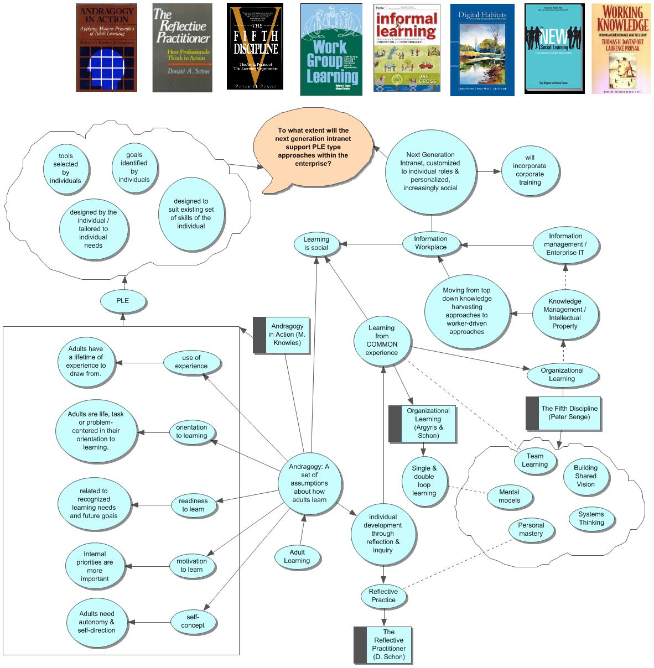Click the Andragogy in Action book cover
click(106, 48)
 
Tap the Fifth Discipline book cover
click(255, 46)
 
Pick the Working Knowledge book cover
click(620, 49)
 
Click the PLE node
click(123, 300)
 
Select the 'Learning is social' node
click(316, 243)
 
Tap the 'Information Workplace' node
click(430, 243)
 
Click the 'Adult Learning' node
click(297, 556)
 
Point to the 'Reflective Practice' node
click(383, 596)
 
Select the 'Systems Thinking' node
click(591, 518)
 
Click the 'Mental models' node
click(510, 496)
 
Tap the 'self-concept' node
click(193, 621)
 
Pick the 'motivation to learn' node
click(191, 565)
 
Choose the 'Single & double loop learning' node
click(424, 481)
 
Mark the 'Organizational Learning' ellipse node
click(562, 375)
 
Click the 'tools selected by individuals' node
click(66, 168)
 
